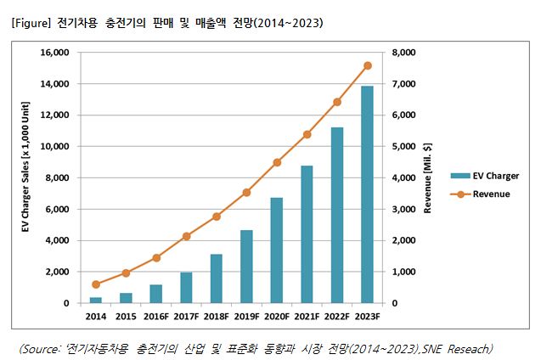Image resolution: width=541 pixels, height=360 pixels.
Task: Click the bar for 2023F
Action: (367, 194)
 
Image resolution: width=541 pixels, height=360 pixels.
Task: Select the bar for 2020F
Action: (276, 250)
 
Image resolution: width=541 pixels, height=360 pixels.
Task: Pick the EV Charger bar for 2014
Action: (95, 300)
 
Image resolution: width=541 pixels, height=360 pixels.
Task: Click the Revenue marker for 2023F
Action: (367, 65)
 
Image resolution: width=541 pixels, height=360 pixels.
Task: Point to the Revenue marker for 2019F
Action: (246, 193)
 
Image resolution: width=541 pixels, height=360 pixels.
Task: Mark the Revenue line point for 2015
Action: (126, 273)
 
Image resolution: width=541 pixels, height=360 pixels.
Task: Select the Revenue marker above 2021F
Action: (307, 134)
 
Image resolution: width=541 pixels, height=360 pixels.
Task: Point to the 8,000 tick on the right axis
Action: (400, 53)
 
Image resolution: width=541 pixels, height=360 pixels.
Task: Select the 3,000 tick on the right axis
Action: (400, 209)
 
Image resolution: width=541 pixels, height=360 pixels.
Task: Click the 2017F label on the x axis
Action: (186, 317)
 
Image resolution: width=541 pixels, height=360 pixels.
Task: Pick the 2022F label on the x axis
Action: (337, 317)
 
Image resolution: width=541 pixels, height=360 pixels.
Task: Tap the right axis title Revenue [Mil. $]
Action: (429, 177)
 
